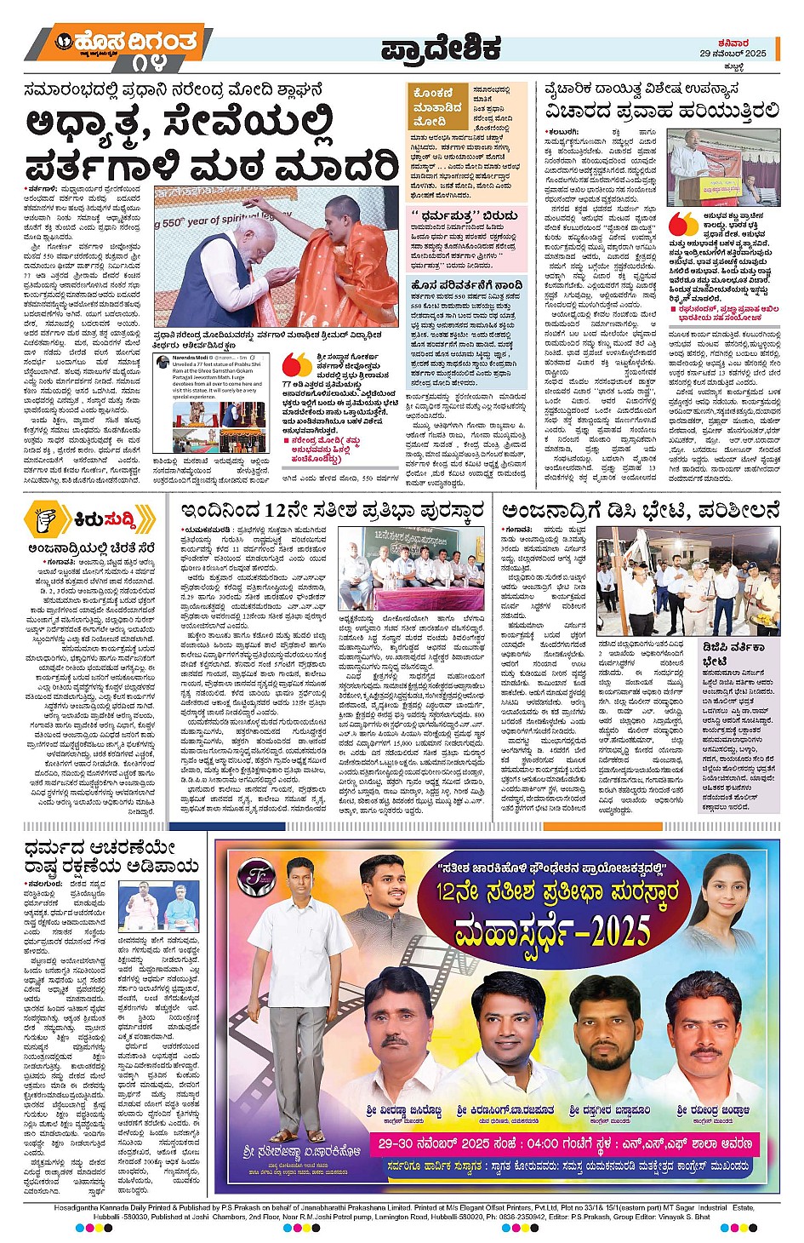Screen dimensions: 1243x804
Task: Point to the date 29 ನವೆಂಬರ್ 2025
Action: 733,54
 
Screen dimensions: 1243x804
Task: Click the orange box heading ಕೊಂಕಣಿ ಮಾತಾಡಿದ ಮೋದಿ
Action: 437,107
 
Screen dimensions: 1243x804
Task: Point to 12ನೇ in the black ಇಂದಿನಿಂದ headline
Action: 285,511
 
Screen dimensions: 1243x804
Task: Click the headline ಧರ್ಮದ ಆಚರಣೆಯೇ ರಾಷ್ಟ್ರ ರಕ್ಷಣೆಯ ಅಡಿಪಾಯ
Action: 111,857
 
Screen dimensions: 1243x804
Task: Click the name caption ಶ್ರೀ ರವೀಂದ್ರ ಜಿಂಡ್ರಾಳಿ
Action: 713,1110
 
